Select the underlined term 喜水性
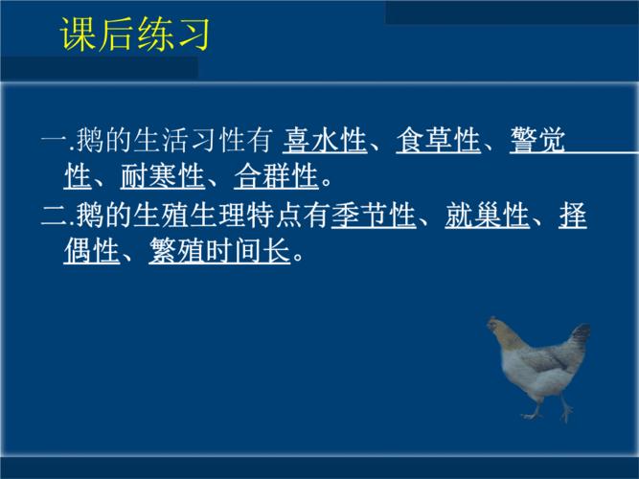point(325,142)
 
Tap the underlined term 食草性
point(438,142)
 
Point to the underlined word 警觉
point(536,142)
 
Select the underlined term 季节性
point(374,217)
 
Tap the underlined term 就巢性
point(487,217)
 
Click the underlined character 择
point(572,217)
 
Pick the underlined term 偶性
point(91,253)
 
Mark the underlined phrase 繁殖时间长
point(219,253)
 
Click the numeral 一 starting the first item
point(53,143)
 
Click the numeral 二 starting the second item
point(53,217)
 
